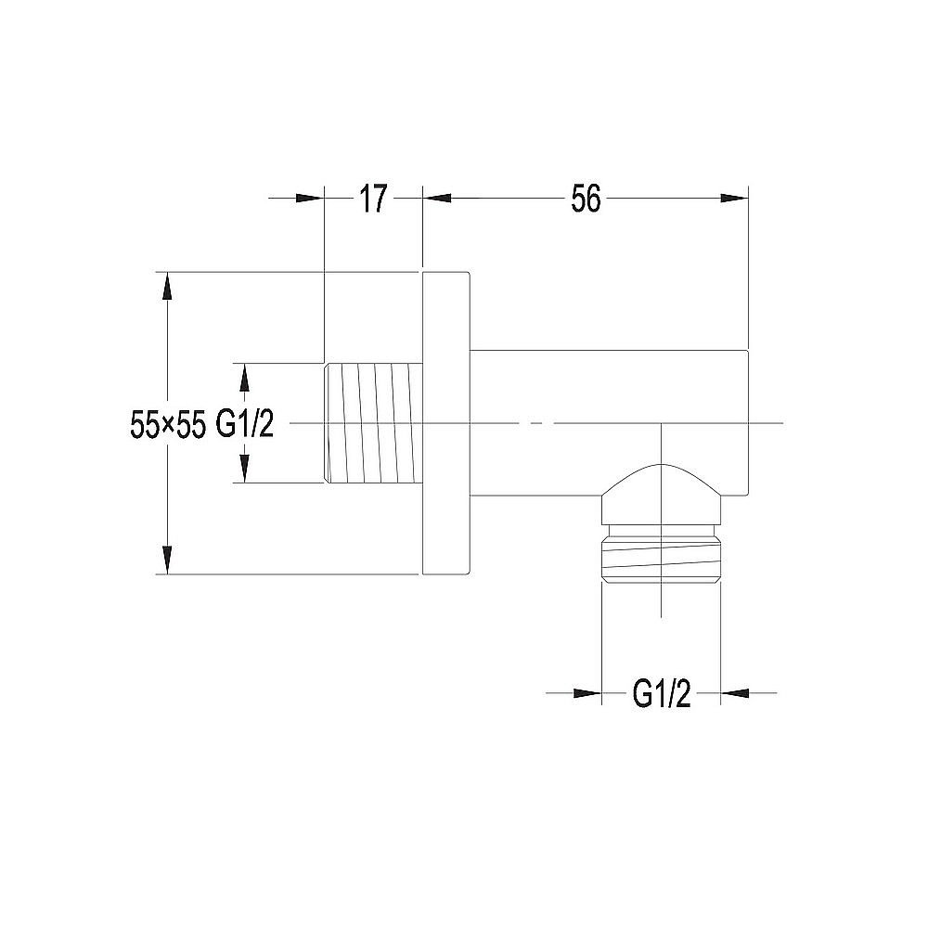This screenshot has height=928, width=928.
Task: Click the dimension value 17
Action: pos(372,199)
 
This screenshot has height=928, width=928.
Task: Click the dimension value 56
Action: pos(586,199)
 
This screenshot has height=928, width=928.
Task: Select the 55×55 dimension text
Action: pos(167,425)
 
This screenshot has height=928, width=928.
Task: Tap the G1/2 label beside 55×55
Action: pos(244,425)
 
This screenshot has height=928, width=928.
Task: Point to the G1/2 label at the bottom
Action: pos(662,693)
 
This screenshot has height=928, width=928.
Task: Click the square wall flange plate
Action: pos(446,423)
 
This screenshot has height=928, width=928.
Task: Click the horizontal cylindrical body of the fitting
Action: pos(608,390)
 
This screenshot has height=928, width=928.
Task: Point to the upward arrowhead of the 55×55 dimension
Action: pos(167,284)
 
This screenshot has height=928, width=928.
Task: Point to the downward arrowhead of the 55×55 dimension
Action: pos(167,561)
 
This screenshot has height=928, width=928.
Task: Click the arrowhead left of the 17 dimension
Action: pos(310,197)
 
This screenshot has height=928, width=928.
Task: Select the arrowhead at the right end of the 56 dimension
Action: pos(736,197)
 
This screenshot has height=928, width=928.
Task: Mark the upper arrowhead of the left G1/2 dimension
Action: pos(244,376)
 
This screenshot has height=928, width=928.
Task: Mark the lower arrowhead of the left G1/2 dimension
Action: pos(244,470)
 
